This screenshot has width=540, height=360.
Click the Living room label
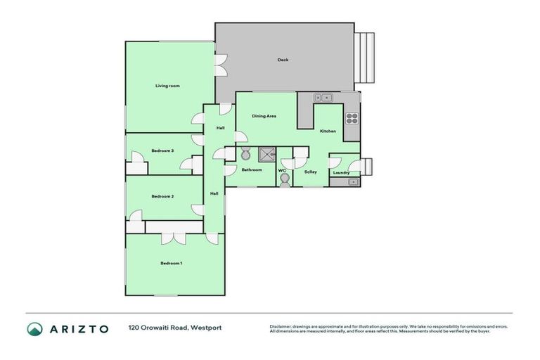point(167,86)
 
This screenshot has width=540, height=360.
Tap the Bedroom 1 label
point(171,263)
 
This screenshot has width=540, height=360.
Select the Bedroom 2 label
point(162,196)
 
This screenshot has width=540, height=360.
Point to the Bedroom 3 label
point(162,150)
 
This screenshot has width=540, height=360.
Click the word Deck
point(283,60)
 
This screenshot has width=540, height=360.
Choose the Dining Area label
point(264,116)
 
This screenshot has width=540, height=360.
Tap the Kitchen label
point(328,131)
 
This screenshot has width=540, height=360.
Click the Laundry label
point(341,172)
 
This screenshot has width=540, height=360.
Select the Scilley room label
point(310,172)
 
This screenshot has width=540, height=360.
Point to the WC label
point(281,170)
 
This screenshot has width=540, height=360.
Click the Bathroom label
point(252,169)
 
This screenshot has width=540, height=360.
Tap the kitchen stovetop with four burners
point(352,118)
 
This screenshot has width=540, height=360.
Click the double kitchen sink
point(322,98)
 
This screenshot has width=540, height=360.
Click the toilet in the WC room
point(283,180)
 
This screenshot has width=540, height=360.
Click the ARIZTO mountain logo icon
point(34,329)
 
